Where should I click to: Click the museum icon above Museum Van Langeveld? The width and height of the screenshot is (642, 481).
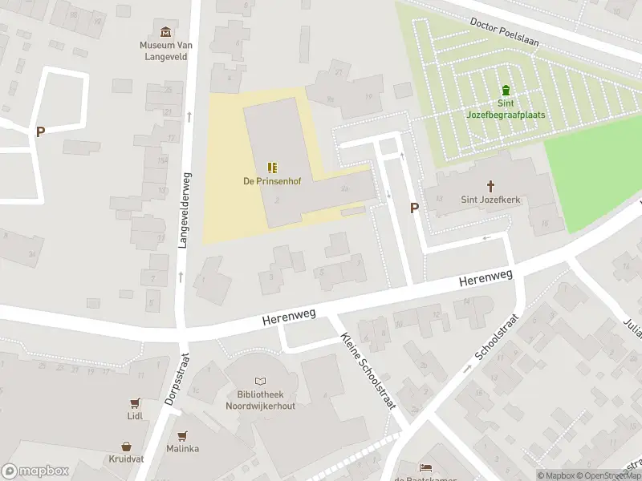(165, 32)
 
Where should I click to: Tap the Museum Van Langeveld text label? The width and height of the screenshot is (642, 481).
(165, 51)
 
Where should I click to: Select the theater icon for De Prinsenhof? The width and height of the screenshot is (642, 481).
(272, 167)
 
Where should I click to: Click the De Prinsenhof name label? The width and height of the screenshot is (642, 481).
(272, 181)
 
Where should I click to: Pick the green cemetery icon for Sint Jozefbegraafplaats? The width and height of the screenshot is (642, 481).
(506, 89)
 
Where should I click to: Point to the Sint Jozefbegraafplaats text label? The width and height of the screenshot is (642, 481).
(506, 108)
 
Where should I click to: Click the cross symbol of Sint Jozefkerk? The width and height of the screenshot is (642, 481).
(490, 186)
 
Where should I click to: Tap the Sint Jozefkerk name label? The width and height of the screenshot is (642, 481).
(490, 200)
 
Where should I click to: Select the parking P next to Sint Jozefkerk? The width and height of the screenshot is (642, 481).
(414, 208)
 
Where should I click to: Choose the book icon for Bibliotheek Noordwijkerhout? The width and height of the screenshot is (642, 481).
(260, 382)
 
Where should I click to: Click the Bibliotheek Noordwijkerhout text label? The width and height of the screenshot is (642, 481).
(260, 401)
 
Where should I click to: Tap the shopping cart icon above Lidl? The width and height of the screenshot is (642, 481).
(134, 403)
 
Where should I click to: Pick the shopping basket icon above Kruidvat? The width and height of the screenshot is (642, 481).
(127, 446)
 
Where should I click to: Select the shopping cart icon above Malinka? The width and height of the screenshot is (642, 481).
(183, 435)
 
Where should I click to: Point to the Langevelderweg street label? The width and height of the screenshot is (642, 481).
(185, 211)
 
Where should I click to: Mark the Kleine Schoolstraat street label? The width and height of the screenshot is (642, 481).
(369, 372)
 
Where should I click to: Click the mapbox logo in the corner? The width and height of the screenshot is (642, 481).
(36, 471)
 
